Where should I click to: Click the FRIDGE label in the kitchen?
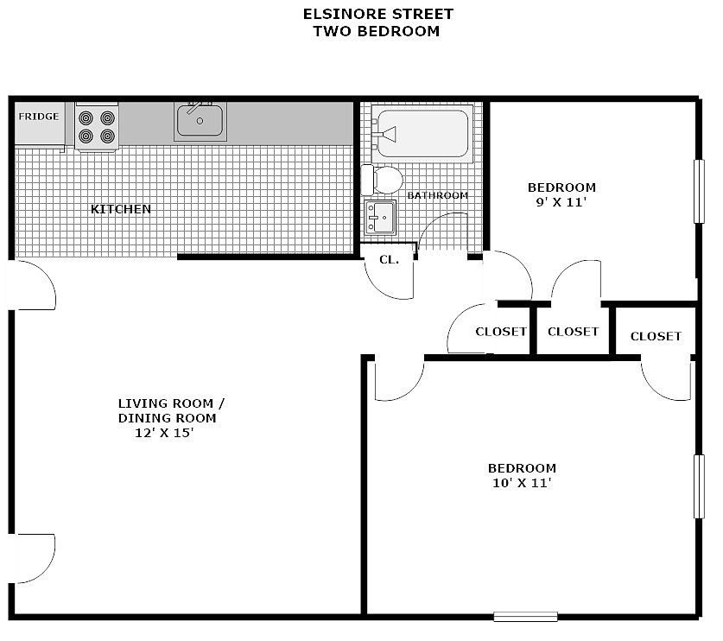(x=39, y=117)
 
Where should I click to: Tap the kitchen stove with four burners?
(x=96, y=126)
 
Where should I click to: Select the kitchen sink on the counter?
(x=201, y=120)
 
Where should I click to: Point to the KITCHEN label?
(x=121, y=209)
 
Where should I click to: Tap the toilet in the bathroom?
(x=384, y=180)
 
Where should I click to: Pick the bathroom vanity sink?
(x=380, y=217)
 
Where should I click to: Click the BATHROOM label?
(x=438, y=195)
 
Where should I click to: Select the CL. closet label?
(x=389, y=259)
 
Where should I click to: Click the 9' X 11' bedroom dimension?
(x=561, y=202)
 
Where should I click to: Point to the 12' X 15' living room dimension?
(x=164, y=434)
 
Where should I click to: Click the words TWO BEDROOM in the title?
(x=376, y=31)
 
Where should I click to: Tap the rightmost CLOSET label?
(x=656, y=336)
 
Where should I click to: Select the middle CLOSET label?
(x=573, y=332)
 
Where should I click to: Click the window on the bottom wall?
(x=525, y=616)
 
